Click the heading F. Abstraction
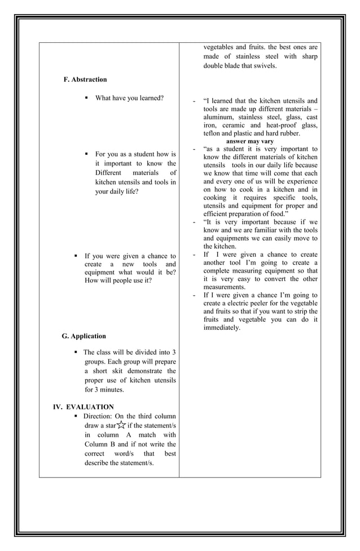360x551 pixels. coord(85,80)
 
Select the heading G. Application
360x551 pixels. coord(84,336)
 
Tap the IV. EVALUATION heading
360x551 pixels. coord(83,407)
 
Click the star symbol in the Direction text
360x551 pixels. coord(121,426)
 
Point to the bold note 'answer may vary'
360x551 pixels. coord(249,141)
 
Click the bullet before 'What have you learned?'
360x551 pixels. coord(86,98)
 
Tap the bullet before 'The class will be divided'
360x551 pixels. coord(76,352)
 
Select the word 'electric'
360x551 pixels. coord(242,303)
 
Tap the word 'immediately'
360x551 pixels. coord(222,328)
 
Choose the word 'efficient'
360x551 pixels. coord(217,214)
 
